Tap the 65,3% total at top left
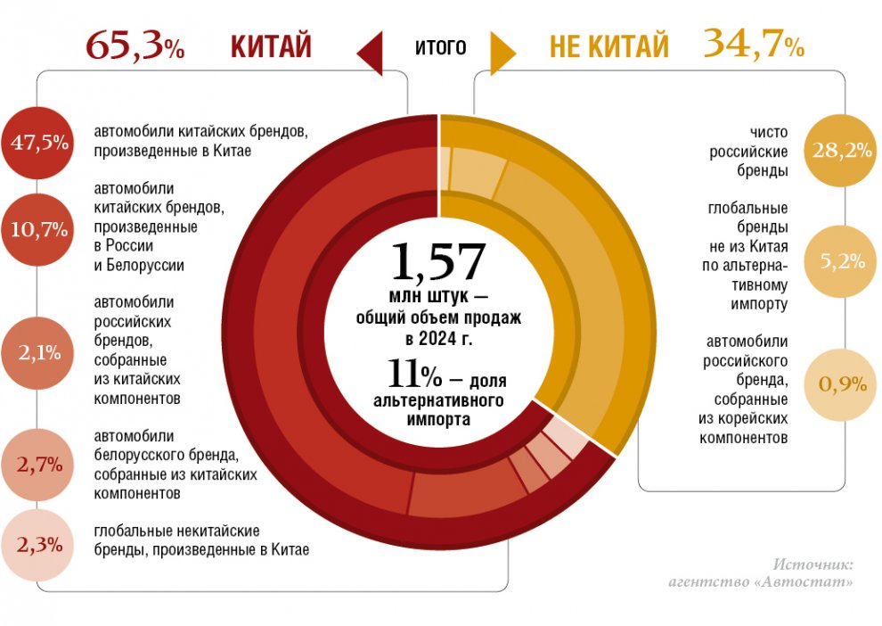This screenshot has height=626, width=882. coord(135,45)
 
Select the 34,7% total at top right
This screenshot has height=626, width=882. coord(753,44)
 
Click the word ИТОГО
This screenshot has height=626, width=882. coord(440,47)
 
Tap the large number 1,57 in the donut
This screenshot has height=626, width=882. coord(437,262)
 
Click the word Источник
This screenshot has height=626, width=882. coord(813,564)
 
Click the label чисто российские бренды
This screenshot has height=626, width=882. coord(747,151)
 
